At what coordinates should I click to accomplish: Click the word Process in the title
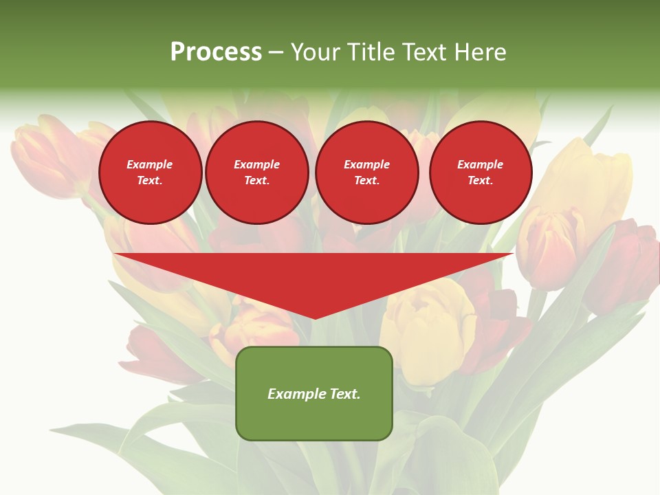[x=216, y=52]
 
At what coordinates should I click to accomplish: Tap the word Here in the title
[x=481, y=52]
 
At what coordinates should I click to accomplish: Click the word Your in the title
[x=316, y=52]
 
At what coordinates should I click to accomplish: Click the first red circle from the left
[x=151, y=173]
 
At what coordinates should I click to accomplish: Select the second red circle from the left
[x=257, y=173]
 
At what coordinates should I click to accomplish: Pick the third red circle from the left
[x=367, y=173]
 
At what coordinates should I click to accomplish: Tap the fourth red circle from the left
[x=481, y=173]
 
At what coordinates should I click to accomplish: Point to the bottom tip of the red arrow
[x=314, y=318]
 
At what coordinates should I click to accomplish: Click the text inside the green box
[x=314, y=394]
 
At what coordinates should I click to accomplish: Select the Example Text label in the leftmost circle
[x=150, y=173]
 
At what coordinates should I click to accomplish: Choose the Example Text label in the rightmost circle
[x=481, y=173]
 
